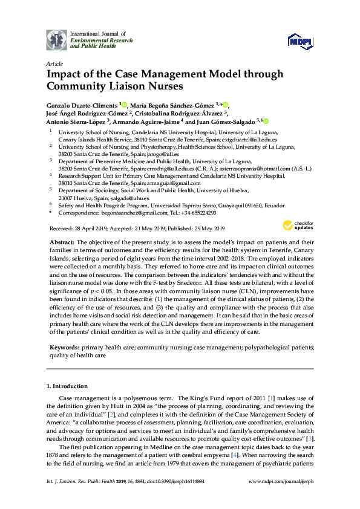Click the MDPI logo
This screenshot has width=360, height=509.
[301, 41]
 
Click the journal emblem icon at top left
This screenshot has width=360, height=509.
[57, 40]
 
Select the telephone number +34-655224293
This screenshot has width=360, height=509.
[196, 213]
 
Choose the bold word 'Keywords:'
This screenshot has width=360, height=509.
[64, 349]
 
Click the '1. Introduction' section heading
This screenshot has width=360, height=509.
[67, 386]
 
